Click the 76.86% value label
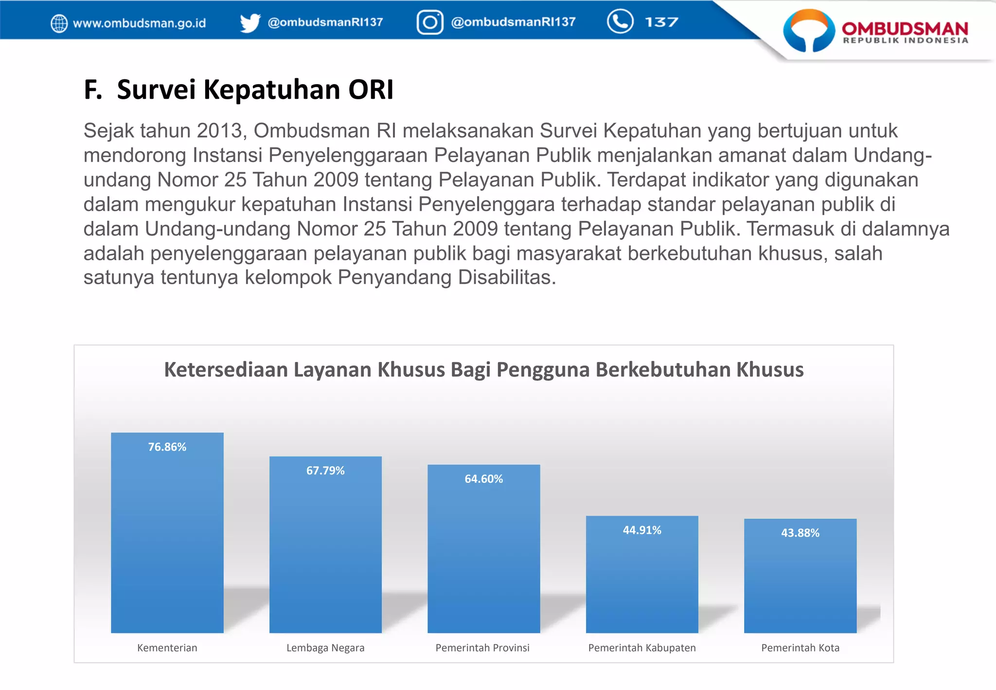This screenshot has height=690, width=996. tap(167, 447)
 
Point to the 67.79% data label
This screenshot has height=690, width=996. tap(325, 471)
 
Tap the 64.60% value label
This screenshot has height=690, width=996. tap(483, 479)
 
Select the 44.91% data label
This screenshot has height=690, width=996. tap(642, 530)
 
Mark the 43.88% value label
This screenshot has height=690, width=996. tap(800, 533)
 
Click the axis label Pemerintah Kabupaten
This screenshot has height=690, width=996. tap(642, 648)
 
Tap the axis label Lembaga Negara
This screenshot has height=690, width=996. tap(325, 648)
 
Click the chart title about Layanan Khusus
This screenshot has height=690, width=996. tap(483, 370)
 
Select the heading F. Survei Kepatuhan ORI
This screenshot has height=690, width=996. tap(238, 90)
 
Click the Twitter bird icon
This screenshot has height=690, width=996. tap(250, 23)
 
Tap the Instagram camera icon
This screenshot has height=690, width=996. tap(430, 22)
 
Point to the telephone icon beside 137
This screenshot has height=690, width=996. tap(620, 21)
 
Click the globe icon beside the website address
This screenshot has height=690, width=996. tap(59, 23)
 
